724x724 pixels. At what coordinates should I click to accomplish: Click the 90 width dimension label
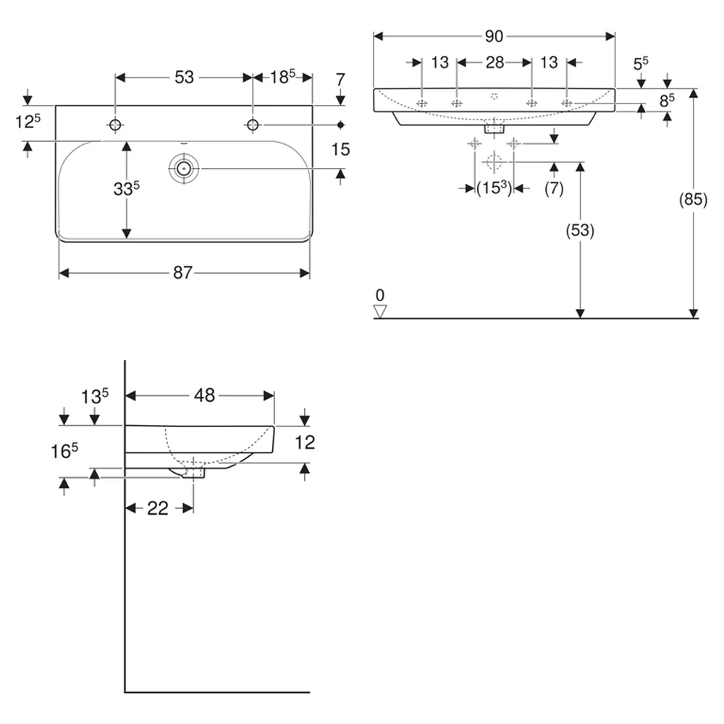coord(494,36)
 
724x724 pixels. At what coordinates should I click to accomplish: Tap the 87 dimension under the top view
coord(183,273)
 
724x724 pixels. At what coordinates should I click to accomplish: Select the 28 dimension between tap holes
coord(494,62)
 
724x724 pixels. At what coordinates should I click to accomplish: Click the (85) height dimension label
coord(693,200)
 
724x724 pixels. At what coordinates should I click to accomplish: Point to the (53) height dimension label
coord(580,230)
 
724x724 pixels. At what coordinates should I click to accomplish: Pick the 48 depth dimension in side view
coord(205,395)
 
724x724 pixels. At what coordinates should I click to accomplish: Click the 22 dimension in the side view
coord(157,508)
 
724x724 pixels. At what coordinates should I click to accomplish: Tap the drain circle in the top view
coord(184,169)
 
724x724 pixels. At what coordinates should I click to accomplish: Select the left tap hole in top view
coord(115,125)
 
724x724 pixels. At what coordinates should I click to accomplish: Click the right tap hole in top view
coord(252,125)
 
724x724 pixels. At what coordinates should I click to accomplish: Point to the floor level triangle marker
coord(380,311)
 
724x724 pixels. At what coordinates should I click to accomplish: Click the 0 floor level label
coord(380,295)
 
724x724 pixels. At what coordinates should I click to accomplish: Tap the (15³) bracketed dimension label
coord(494,188)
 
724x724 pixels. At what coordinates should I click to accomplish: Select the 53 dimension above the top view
coord(184,77)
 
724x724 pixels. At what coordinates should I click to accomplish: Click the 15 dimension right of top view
coord(340,150)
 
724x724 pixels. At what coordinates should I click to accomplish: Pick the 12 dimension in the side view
coord(305,442)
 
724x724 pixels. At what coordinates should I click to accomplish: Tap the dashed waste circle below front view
coord(494,162)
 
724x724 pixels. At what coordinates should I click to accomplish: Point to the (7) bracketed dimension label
coord(554,188)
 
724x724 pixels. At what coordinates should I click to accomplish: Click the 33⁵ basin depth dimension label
coord(126,188)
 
